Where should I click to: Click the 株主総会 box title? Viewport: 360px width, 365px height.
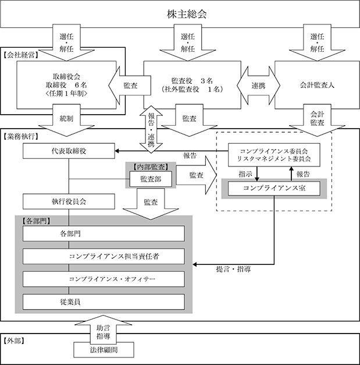(x=187, y=14)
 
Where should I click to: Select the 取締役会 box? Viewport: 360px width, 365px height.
(x=66, y=85)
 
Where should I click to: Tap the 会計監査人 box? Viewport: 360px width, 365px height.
(x=317, y=85)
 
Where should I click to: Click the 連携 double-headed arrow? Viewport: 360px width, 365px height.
(x=258, y=86)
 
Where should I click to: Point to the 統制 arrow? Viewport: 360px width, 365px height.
(x=66, y=120)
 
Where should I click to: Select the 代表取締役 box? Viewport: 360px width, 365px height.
(x=69, y=151)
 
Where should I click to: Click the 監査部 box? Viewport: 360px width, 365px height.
(x=151, y=179)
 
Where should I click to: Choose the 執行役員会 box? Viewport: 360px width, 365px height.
(x=69, y=201)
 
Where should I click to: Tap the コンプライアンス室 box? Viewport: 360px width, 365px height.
(x=274, y=188)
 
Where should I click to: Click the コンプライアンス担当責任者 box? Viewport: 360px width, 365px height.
(x=104, y=256)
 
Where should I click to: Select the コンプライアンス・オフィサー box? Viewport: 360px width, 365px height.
(x=104, y=279)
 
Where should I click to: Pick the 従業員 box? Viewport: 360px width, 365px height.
(x=104, y=302)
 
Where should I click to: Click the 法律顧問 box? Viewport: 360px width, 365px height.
(x=104, y=350)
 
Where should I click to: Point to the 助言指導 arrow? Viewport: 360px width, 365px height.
(x=104, y=329)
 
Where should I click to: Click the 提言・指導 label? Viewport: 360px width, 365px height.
(x=233, y=270)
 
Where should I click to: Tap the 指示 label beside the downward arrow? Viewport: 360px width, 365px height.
(x=245, y=174)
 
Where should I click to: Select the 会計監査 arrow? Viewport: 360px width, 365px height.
(x=317, y=120)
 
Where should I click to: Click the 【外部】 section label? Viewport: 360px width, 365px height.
(x=14, y=341)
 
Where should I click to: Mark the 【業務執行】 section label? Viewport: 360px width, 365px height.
(x=21, y=136)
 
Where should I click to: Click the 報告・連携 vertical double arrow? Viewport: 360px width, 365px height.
(x=151, y=129)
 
